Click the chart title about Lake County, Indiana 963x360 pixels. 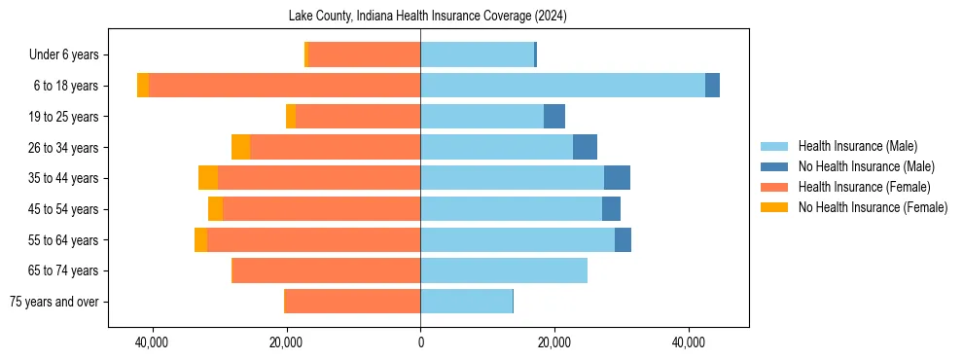click(x=428, y=17)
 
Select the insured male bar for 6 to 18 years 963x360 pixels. click(x=562, y=86)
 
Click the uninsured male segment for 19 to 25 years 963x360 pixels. click(x=554, y=117)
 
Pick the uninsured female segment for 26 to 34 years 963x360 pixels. click(x=240, y=147)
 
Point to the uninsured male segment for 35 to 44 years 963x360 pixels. click(x=617, y=178)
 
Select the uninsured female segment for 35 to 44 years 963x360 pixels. click(x=208, y=178)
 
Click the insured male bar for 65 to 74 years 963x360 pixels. click(x=504, y=270)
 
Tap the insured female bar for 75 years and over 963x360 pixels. click(x=352, y=302)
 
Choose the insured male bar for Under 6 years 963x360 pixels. click(x=477, y=54)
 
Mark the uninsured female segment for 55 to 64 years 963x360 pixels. click(x=200, y=239)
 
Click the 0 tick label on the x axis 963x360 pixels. click(x=420, y=343)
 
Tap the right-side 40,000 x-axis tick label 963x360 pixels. click(x=689, y=343)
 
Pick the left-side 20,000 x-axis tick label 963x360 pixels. click(x=286, y=343)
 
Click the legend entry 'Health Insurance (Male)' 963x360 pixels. click(x=857, y=146)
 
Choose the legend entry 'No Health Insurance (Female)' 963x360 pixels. click(x=873, y=207)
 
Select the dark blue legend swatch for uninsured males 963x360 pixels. click(x=774, y=166)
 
